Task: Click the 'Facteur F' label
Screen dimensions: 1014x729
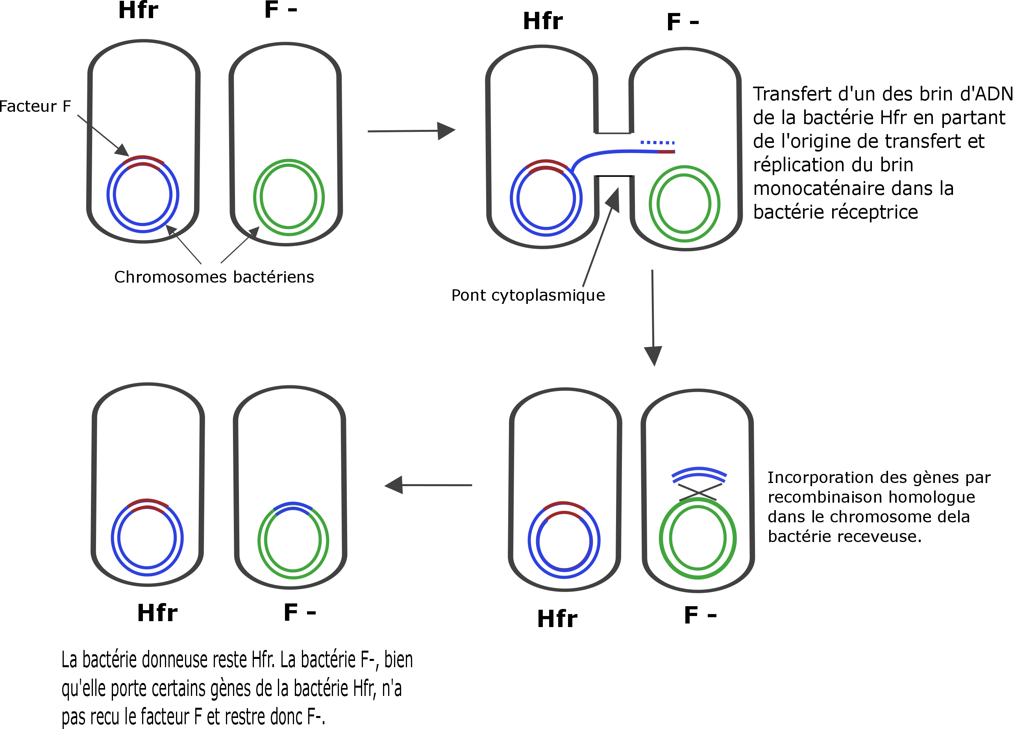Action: coord(35,106)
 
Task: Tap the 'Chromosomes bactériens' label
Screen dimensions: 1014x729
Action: coord(214,277)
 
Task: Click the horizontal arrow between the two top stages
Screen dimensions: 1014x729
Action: coord(411,131)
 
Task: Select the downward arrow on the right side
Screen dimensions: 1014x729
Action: coord(653,318)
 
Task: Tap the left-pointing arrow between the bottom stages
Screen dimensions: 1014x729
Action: coord(428,485)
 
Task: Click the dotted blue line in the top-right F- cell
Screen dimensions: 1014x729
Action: coord(657,142)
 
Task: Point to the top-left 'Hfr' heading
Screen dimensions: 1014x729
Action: coord(138,10)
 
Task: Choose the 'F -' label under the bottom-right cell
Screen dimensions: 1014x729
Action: coord(700,616)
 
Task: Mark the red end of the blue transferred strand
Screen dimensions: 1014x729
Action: coord(666,152)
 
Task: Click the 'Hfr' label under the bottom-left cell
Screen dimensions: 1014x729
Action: coord(157,613)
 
